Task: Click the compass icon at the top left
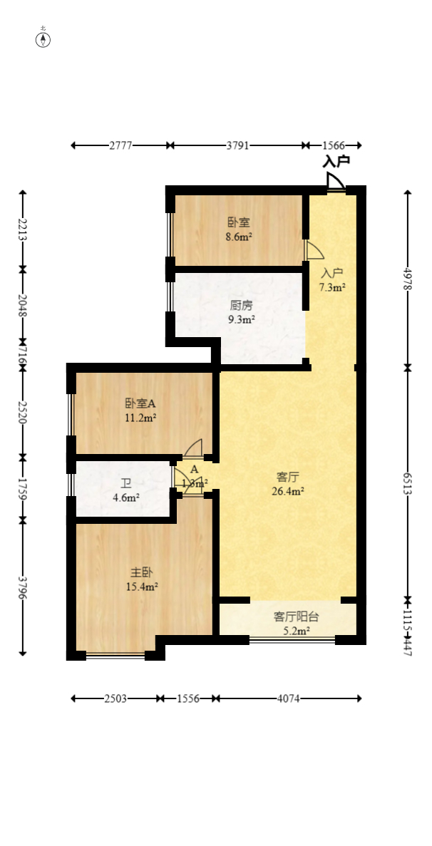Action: (x=44, y=39)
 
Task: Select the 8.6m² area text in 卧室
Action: (x=239, y=237)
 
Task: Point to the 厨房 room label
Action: (x=241, y=306)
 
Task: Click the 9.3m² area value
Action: (x=242, y=319)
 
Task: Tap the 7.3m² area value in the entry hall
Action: (x=332, y=287)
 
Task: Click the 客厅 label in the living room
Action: (x=288, y=477)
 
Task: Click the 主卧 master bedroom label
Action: (x=140, y=572)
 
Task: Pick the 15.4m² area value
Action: (x=141, y=587)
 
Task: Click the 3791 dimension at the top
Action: (x=237, y=145)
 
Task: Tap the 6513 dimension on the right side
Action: (x=408, y=483)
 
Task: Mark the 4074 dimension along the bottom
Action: (x=287, y=698)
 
